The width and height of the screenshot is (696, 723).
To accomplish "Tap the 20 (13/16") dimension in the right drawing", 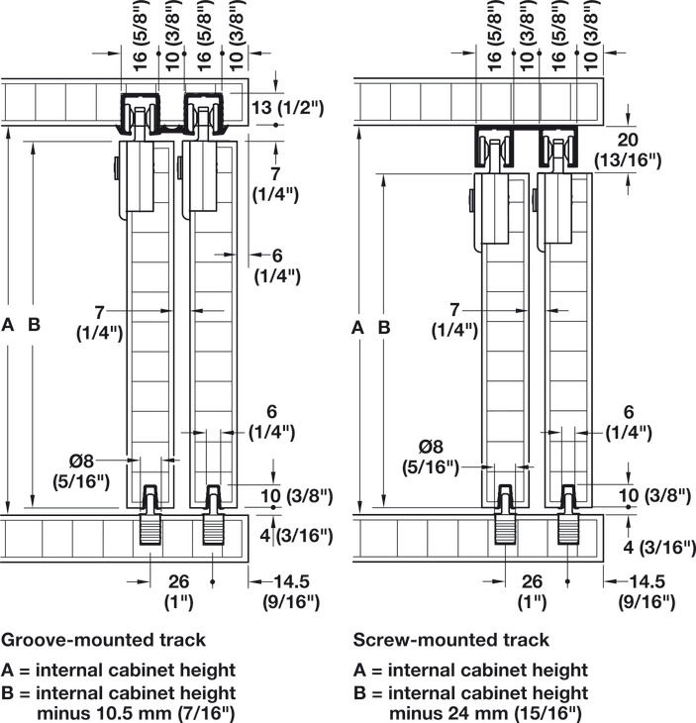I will pyautogui.click(x=627, y=150).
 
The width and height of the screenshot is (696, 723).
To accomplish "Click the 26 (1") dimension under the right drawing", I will pyautogui.click(x=533, y=590).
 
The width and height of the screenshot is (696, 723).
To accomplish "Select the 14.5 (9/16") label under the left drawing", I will pyautogui.click(x=287, y=590).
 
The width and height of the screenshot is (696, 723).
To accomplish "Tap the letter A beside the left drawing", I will pyautogui.click(x=9, y=324).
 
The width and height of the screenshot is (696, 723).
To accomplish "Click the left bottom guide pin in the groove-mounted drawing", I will pyautogui.click(x=150, y=514).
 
